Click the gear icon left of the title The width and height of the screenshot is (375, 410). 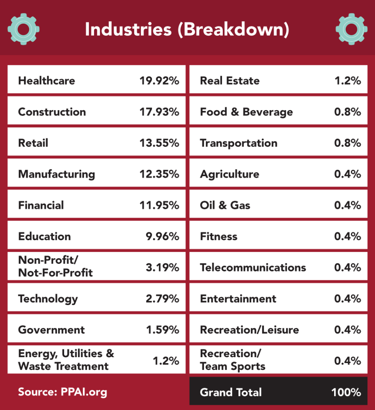[x=23, y=29]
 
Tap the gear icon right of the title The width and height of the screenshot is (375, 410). [x=351, y=29]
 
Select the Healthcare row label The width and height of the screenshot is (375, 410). [x=46, y=80]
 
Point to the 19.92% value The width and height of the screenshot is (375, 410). [x=159, y=80]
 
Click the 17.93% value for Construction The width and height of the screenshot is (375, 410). [x=159, y=112]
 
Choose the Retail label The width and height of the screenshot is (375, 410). [x=33, y=143]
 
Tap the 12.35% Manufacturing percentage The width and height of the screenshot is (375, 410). [x=159, y=174]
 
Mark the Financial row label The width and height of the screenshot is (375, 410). [x=41, y=205]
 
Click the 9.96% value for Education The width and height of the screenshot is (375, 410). [x=162, y=237]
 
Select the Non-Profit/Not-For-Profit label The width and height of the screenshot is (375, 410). [x=55, y=267]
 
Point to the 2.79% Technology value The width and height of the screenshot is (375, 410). [x=162, y=299]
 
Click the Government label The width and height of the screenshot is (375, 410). [x=51, y=330]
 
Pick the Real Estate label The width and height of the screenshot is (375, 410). [x=230, y=80]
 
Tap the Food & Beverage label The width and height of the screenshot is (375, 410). [x=246, y=112]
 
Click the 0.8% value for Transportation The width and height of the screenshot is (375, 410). [x=347, y=143]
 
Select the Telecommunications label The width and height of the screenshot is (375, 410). [x=253, y=267]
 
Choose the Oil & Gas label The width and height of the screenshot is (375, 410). [x=225, y=205]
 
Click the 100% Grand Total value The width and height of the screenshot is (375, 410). [x=346, y=392]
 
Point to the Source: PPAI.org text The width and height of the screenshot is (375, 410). [x=62, y=392]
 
